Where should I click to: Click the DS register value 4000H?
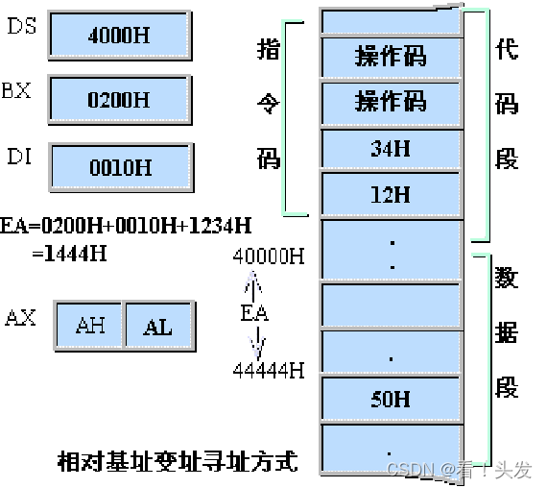click(118, 37)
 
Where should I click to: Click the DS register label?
click(22, 27)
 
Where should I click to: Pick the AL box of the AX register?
click(157, 327)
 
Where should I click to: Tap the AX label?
click(21, 317)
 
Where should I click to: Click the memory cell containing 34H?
click(391, 149)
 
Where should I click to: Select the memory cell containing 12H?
click(391, 195)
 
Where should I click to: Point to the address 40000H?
click(269, 256)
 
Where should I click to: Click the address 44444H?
click(269, 370)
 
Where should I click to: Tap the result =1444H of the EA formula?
click(71, 254)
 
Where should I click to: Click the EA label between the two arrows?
click(254, 313)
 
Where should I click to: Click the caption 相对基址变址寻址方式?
click(178, 461)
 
